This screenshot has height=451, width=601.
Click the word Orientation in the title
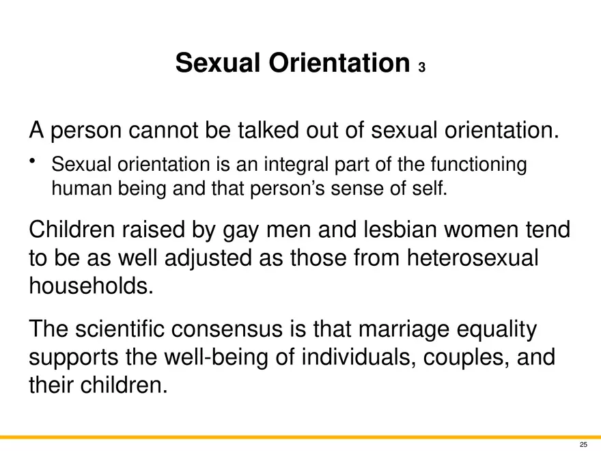click(x=339, y=62)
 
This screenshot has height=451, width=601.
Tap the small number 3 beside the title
click(x=421, y=68)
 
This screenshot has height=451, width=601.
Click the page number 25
click(x=583, y=444)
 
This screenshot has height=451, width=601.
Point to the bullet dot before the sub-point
click(x=32, y=161)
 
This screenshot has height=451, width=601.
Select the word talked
click(x=268, y=130)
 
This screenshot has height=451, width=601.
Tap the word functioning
click(x=478, y=165)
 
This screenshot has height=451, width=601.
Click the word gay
click(x=240, y=230)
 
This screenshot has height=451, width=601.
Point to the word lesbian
click(x=400, y=230)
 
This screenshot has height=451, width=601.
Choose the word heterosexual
click(x=473, y=258)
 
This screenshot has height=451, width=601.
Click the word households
click(x=92, y=286)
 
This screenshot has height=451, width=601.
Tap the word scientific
click(x=120, y=329)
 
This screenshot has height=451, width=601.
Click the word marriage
click(x=404, y=330)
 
